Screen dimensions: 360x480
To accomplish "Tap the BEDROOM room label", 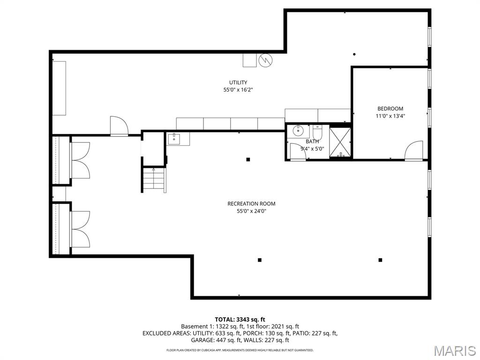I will (390, 109).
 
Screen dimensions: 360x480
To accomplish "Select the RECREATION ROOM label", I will (251, 203).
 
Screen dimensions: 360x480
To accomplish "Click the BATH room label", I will (312, 142).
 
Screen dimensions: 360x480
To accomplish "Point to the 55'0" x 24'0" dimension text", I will (251, 211).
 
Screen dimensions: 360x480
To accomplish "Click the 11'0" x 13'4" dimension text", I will (390, 116).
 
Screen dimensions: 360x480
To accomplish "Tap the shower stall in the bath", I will (341, 141).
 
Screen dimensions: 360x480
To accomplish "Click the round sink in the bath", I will (297, 131).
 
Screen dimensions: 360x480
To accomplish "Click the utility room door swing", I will (119, 126).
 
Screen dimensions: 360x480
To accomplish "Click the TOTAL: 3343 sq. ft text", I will (240, 319).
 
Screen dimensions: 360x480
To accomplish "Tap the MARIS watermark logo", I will (454, 350).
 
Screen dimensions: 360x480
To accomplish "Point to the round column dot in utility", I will (354, 54).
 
